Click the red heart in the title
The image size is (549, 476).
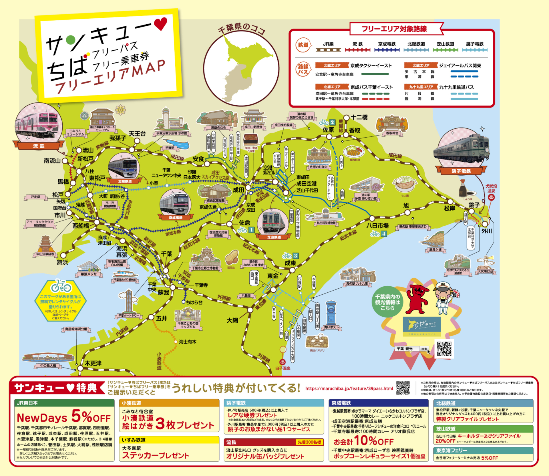161,24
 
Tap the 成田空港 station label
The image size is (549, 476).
306,184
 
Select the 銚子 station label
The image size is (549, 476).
474,205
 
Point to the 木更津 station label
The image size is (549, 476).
93,363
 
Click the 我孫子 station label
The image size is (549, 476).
118,138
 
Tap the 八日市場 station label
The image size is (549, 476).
377,226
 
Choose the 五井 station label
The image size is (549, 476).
162,318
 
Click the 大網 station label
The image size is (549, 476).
232,320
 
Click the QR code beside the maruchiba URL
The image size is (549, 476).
403,388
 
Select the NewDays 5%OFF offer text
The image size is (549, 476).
64,417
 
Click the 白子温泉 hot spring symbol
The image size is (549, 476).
282,362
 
